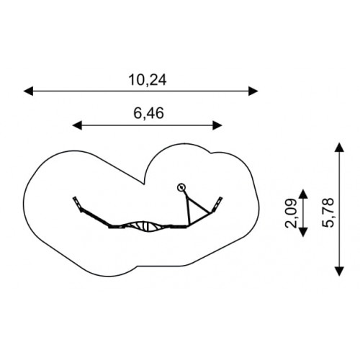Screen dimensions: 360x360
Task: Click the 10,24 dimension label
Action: point(148,80)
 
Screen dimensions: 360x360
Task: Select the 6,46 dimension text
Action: point(148,113)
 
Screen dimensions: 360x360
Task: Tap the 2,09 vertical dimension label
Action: point(291,213)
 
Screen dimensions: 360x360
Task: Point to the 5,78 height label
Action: point(328,212)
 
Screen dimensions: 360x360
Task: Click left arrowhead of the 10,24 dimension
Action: point(28,91)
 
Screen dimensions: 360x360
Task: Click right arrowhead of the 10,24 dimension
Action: point(253,91)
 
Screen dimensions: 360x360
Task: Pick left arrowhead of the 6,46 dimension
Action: point(77,125)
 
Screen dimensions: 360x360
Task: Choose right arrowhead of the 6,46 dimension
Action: point(217,125)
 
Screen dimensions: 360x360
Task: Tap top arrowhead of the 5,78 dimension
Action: point(339,147)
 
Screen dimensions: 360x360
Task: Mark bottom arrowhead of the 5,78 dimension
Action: point(339,271)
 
